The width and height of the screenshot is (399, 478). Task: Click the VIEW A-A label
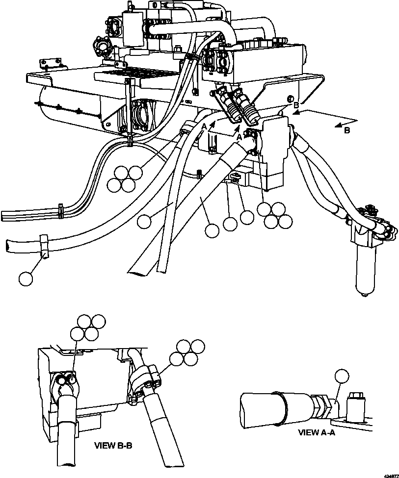319,432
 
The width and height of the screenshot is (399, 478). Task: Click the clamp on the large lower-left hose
44,246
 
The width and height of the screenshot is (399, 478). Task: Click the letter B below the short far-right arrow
346,131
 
